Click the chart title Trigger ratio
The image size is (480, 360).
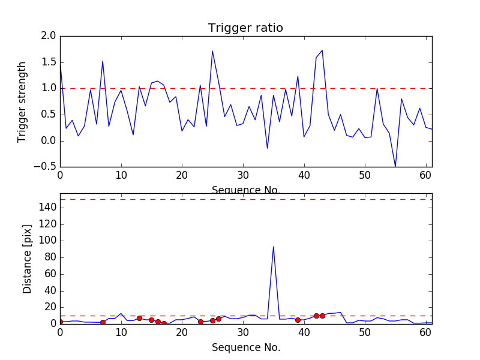tap(245, 28)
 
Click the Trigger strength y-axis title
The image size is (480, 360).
tap(22, 101)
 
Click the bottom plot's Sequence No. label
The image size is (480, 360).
tap(245, 347)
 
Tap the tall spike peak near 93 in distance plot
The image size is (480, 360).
tap(274, 247)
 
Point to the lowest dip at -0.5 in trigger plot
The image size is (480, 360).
tap(395, 166)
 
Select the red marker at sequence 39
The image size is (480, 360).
tap(298, 320)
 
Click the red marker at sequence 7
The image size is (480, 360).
tap(103, 322)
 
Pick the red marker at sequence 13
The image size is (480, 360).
tap(139, 318)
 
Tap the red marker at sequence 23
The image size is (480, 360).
tap(200, 322)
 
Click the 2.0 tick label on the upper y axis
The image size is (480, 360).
tap(49, 36)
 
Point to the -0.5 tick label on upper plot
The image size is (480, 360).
tap(46, 167)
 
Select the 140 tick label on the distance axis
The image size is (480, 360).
tap(48, 208)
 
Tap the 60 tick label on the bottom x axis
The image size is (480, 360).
tap(426, 334)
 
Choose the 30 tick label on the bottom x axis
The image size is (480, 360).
tap(243, 334)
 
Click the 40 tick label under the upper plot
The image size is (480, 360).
tap(304, 177)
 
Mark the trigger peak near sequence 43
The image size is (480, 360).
tap(322, 50)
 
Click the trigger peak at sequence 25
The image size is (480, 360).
tap(212, 51)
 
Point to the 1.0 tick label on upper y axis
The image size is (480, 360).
tap(49, 88)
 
